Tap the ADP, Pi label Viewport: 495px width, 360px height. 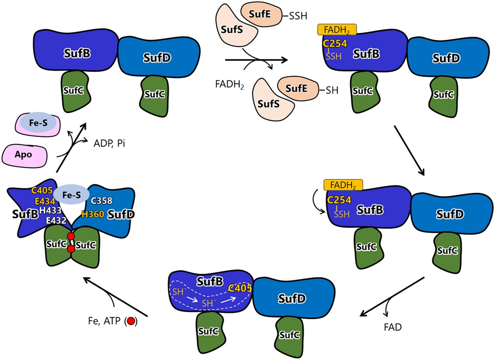coord(109,143)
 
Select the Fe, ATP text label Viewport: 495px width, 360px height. coord(104,321)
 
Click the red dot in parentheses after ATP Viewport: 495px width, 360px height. coord(131,321)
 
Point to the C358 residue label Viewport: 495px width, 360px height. coord(101,201)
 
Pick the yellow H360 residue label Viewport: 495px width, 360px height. coord(93,214)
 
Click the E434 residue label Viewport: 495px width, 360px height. coord(45,201)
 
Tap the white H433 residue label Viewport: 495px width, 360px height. coord(50,211)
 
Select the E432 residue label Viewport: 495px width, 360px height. coord(56,220)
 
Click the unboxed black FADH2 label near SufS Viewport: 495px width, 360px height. coord(230,84)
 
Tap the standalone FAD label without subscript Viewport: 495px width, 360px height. coord(392,327)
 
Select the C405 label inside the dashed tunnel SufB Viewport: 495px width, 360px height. coord(240,288)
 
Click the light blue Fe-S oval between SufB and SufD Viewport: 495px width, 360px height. coord(72,195)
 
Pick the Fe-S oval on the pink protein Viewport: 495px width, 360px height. coord(38,123)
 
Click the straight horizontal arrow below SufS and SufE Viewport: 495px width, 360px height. coord(255,60)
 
